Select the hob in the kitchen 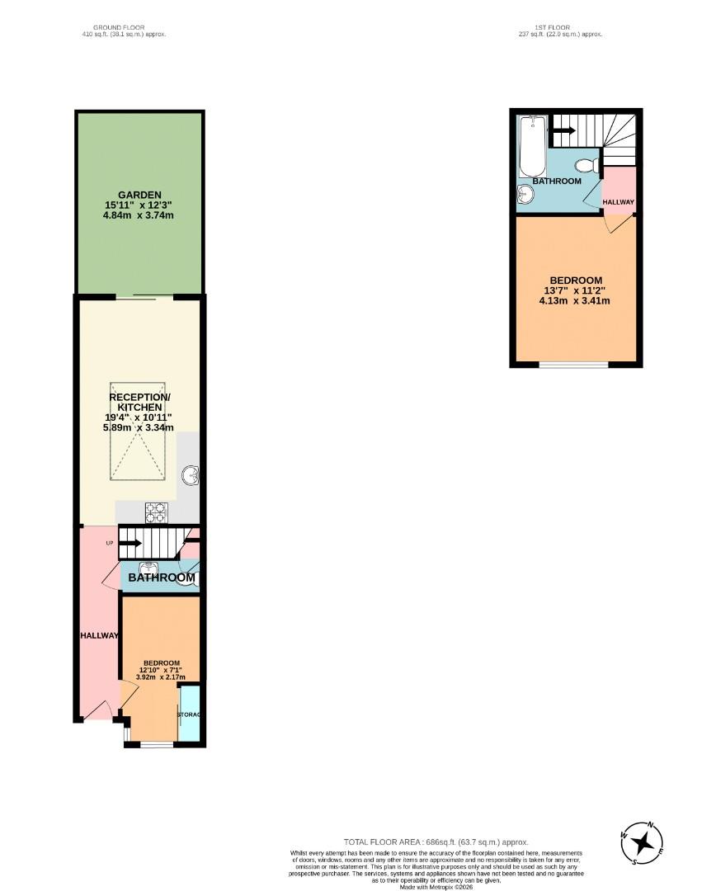pos(157,512)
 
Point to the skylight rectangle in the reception pos(139,430)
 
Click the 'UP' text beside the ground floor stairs pos(109,542)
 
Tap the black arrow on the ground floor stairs pos(130,543)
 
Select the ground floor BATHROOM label pos(162,577)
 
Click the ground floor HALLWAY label pos(100,635)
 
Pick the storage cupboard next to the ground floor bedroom pos(190,713)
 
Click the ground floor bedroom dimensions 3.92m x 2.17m pos(162,676)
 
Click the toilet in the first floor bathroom pos(586,163)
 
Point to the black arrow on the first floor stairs pos(563,129)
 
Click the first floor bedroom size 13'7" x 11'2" pos(575,290)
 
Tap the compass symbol pos(643,842)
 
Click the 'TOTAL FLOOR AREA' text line pos(436,841)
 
